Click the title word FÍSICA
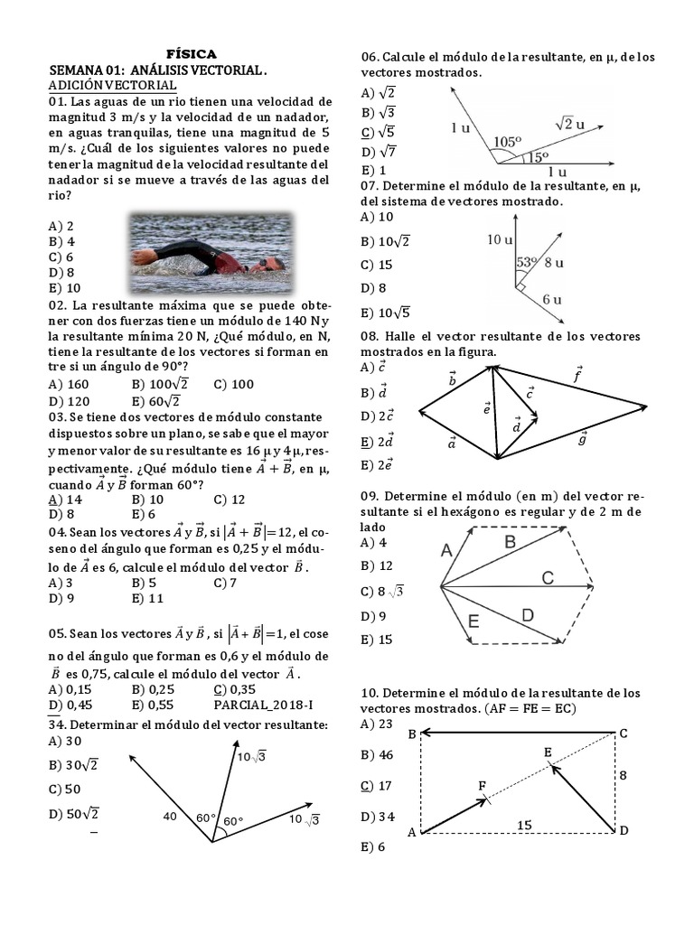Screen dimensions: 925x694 click(x=192, y=54)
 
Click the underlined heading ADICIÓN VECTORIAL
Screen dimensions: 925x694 click(x=112, y=85)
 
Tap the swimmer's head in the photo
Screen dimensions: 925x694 click(x=265, y=264)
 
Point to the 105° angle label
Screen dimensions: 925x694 click(x=508, y=142)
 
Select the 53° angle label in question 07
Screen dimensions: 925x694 click(x=527, y=262)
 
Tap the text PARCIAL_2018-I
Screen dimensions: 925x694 click(x=258, y=705)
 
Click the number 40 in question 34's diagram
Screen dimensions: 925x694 click(x=170, y=817)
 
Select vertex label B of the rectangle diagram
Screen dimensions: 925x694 click(x=412, y=734)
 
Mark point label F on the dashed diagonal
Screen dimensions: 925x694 click(x=482, y=785)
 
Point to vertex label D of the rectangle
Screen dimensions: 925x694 click(x=624, y=830)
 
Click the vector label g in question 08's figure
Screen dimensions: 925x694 click(x=582, y=438)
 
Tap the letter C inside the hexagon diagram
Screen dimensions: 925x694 click(x=548, y=578)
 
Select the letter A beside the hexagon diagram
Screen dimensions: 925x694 click(x=446, y=549)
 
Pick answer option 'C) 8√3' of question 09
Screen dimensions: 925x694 click(x=381, y=592)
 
